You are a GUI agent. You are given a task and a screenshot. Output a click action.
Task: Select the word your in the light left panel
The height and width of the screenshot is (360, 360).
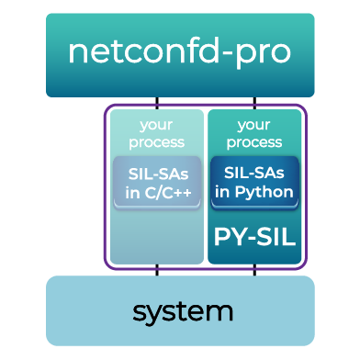point(156,125)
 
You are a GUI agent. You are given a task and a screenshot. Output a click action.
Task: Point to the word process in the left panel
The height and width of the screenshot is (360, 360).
point(156,142)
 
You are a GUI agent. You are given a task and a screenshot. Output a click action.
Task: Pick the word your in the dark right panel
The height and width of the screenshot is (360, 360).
point(254,125)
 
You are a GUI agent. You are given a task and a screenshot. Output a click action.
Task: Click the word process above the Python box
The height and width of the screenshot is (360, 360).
point(254,142)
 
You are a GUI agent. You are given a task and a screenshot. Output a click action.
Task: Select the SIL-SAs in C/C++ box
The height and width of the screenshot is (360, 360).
point(156,182)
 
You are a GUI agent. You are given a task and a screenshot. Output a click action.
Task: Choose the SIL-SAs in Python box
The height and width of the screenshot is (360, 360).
point(254,182)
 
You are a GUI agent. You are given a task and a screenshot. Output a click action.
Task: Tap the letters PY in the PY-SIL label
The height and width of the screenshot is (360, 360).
point(231,237)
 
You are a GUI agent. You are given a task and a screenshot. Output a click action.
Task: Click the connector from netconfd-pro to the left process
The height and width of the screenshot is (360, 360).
point(157,102)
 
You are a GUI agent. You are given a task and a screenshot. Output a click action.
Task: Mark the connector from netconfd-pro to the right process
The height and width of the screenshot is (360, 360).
point(254,102)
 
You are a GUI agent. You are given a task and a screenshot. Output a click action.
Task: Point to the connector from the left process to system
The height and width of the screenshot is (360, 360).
point(157,271)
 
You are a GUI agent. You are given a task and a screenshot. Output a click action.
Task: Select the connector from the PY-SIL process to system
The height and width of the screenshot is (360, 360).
point(254,271)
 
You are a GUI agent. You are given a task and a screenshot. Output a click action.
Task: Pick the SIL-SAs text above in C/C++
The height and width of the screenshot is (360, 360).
point(156,172)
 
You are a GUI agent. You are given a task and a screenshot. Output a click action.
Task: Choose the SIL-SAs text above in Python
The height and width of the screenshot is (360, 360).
point(254,172)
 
